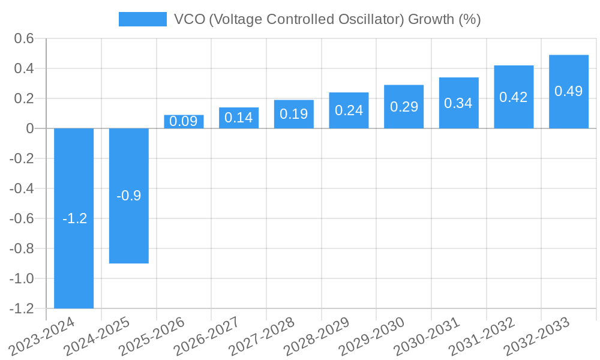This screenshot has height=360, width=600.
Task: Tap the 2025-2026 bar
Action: click(x=184, y=122)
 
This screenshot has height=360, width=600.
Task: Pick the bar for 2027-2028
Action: click(x=293, y=114)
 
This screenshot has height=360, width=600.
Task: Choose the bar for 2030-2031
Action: click(x=458, y=103)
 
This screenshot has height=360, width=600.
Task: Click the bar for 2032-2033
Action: click(x=568, y=91)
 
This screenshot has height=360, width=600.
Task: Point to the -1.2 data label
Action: click(x=74, y=218)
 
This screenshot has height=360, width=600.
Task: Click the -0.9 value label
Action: click(x=128, y=196)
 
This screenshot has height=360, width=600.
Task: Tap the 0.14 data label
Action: click(x=238, y=118)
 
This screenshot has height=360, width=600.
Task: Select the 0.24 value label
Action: click(x=349, y=110)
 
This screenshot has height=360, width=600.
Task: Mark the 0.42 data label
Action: click(x=514, y=97)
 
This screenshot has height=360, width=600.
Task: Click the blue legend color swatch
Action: click(x=143, y=19)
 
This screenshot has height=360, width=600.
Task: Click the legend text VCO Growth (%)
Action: click(x=327, y=19)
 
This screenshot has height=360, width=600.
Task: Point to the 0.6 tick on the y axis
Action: click(x=25, y=39)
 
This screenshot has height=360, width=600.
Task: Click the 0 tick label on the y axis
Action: click(x=30, y=128)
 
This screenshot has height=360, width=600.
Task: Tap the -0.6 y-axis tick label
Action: click(x=23, y=218)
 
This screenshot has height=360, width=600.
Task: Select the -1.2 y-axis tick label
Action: click(x=23, y=308)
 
